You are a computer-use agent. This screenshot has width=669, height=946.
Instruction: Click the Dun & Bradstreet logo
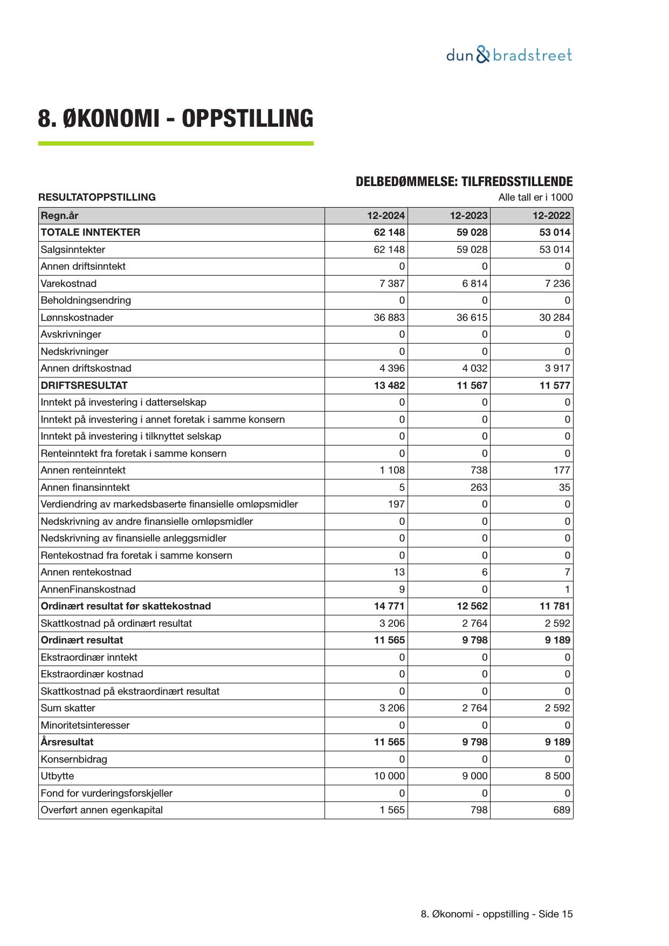pos(509,55)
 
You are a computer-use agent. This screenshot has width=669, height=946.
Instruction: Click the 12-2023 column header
pos(468,216)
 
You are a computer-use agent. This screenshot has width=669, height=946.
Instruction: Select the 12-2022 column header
pos(551,216)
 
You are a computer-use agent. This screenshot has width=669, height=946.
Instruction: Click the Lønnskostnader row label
pos(77,318)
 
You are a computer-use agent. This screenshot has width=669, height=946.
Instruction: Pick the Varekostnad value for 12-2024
pos(392,284)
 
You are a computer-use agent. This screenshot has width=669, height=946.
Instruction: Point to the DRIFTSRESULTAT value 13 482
pos(389,386)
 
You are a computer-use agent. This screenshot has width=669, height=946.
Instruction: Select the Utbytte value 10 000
pos(389,776)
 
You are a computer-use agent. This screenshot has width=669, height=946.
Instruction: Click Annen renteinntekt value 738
pos(479,470)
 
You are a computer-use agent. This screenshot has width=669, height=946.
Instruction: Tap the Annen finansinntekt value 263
pos(479,488)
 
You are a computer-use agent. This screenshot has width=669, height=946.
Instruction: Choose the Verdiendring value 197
pos(396,504)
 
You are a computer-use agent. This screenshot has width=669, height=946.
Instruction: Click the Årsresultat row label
pos(67,742)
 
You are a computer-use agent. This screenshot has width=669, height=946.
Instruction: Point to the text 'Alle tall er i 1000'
pos(535,197)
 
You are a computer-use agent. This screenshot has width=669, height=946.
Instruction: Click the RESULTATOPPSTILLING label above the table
pos(97,197)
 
